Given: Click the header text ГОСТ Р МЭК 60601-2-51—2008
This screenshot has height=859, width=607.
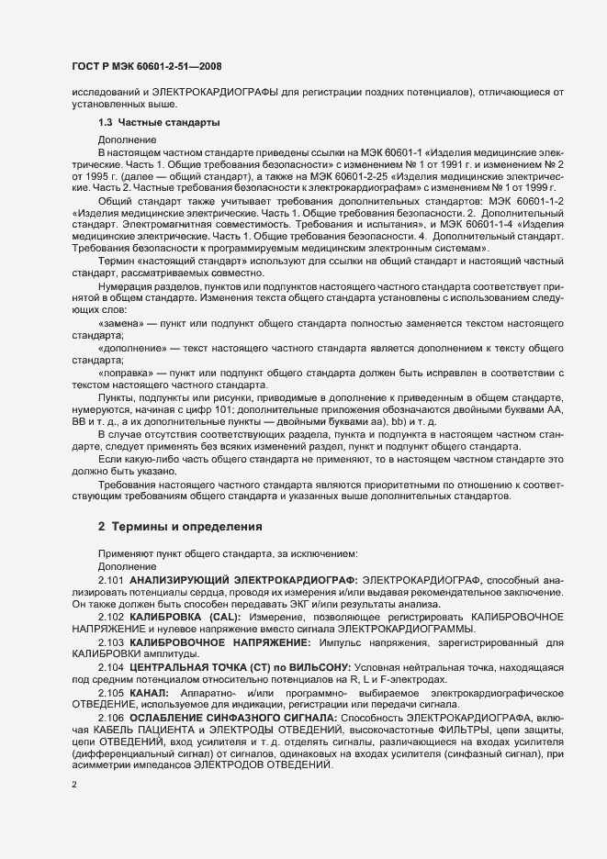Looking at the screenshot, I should (x=148, y=66).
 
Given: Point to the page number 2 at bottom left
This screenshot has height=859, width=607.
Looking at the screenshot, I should (x=73, y=785).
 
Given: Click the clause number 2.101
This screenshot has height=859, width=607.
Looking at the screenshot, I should (x=111, y=581).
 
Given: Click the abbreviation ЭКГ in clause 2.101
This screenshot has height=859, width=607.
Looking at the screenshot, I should (x=264, y=604).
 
